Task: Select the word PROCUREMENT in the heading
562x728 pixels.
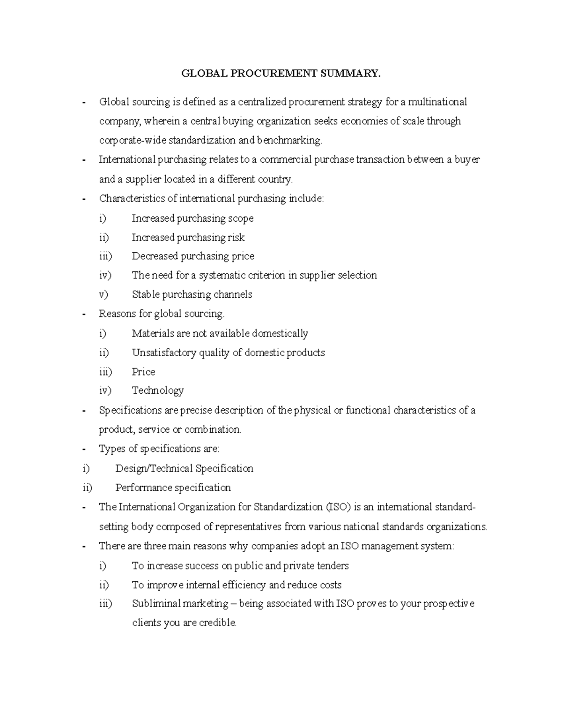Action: tap(273, 74)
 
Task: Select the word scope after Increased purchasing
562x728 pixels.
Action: tap(241, 218)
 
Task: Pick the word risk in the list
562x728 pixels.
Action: tap(236, 238)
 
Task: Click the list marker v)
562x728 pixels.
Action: tap(104, 295)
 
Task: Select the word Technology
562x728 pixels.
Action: tap(158, 390)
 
